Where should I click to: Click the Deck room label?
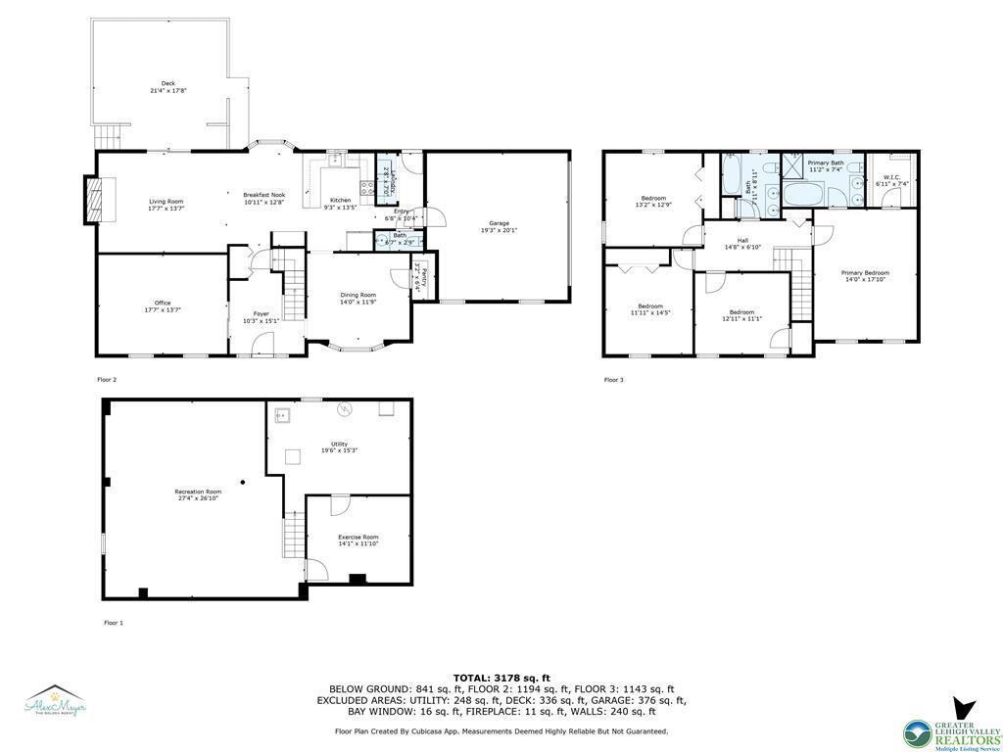point(167,83)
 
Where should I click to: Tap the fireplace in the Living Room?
point(91,200)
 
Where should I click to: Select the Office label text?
point(162,303)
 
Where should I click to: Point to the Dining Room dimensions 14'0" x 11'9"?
point(357,302)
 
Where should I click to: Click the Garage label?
point(499,223)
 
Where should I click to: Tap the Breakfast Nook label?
point(263,195)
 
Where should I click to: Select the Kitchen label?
point(339,200)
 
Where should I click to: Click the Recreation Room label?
point(198,491)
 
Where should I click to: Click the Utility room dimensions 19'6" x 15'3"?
point(339,450)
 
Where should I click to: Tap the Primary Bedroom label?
point(865,272)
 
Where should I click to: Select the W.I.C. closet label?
point(891,177)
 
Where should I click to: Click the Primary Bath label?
point(825,163)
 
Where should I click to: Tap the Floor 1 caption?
point(114,623)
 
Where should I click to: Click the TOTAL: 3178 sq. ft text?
point(501,678)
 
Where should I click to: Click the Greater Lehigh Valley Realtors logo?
point(951,724)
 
